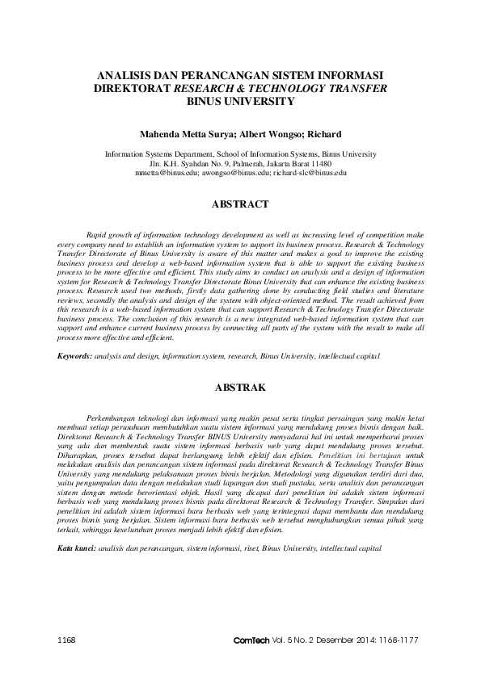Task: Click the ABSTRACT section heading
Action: (x=240, y=205)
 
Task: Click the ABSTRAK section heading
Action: (x=240, y=388)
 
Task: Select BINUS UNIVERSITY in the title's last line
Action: (x=240, y=103)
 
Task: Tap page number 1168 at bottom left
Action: (x=67, y=639)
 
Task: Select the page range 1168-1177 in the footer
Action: (x=399, y=639)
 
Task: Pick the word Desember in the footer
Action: (x=327, y=639)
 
